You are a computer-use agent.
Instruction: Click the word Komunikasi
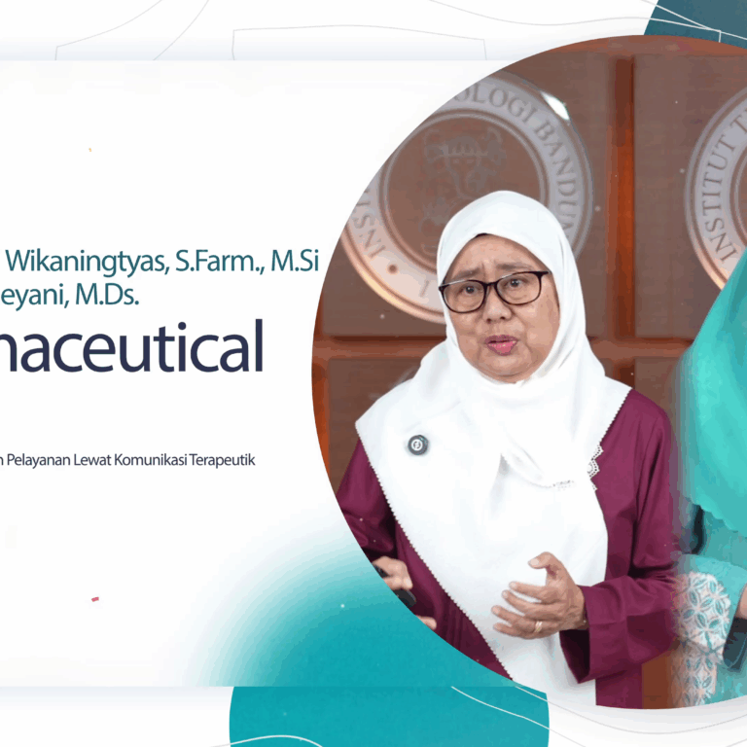coord(162,460)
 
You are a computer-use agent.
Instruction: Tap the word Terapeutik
coord(228,460)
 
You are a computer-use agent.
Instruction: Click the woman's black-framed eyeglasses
coord(494,290)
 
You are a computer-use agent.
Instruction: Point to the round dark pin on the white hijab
coord(418,445)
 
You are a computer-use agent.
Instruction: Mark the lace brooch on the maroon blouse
coord(593,466)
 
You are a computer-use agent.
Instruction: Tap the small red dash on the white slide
coord(95,599)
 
